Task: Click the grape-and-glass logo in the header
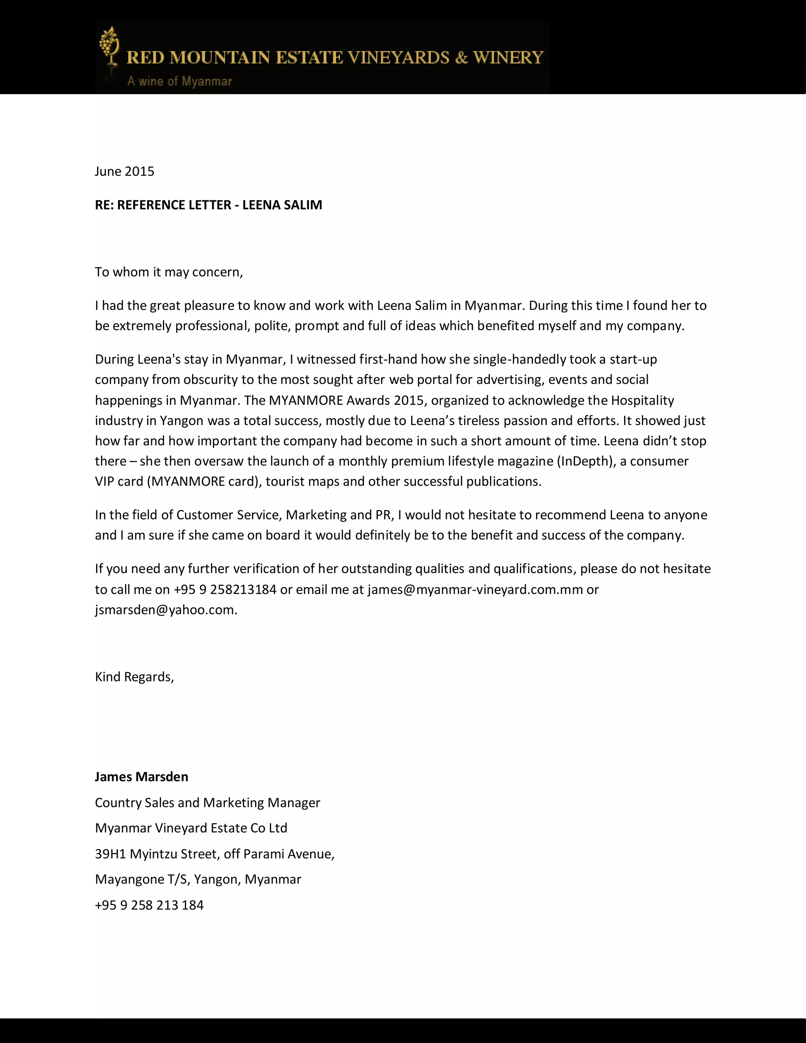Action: pyautogui.click(x=109, y=47)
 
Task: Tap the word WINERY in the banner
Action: pyautogui.click(x=508, y=58)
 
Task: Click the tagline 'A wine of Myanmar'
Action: pyautogui.click(x=179, y=81)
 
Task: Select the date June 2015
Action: pyautogui.click(x=125, y=172)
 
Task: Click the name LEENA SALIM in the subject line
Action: pyautogui.click(x=282, y=205)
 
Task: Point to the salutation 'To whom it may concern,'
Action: pyautogui.click(x=169, y=272)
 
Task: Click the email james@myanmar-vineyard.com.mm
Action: pyautogui.click(x=475, y=589)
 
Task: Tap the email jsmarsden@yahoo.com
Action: pyautogui.click(x=165, y=610)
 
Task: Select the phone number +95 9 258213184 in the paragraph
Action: pyautogui.click(x=225, y=589)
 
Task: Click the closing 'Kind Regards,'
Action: pyautogui.click(x=135, y=677)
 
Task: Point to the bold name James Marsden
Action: pyautogui.click(x=142, y=777)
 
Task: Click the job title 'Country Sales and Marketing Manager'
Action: pyautogui.click(x=208, y=803)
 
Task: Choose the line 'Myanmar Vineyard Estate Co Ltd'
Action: pyautogui.click(x=191, y=828)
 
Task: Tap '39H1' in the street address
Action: pyautogui.click(x=110, y=854)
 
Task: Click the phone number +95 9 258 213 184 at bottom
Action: pyautogui.click(x=150, y=905)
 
